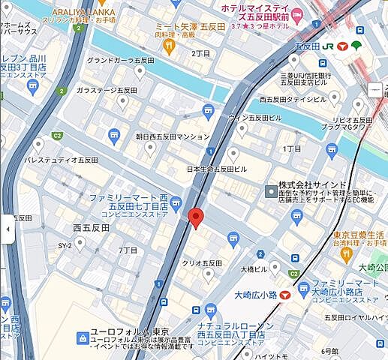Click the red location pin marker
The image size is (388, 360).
coord(196,217)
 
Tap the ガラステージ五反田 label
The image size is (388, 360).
coord(106,90)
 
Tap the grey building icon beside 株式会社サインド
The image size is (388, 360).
coord(271,192)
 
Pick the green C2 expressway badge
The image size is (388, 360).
coord(57,136)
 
